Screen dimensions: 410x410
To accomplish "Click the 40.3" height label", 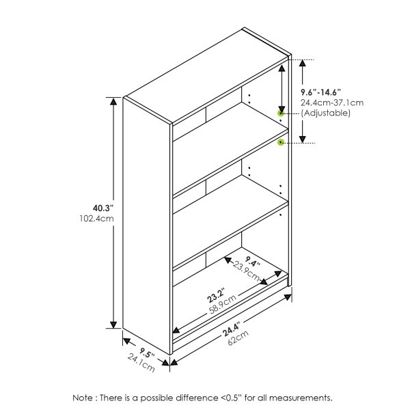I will point(103,208).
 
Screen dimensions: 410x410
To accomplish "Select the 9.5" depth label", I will point(145,354).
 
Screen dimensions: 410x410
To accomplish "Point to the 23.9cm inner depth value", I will point(246,269).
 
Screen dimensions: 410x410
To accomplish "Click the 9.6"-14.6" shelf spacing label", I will point(320,92).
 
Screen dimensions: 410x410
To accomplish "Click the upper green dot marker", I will point(280,113).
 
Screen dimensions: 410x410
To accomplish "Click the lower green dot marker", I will point(280,143).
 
